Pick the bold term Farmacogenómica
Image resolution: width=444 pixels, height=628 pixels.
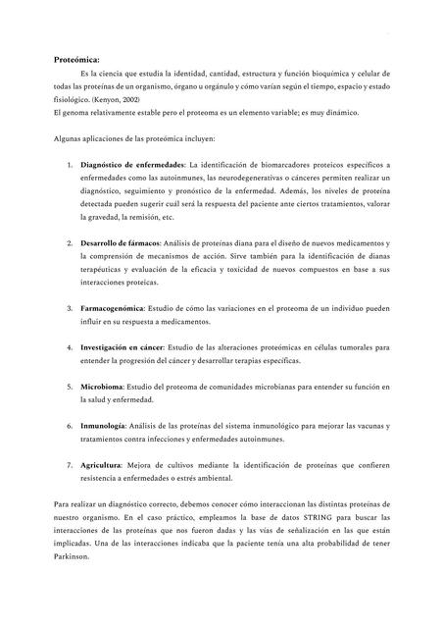pyautogui.click(x=112, y=308)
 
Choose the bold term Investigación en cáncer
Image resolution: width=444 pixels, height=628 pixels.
pyautogui.click(x=122, y=347)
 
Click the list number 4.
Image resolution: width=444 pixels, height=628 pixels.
pyautogui.click(x=68, y=347)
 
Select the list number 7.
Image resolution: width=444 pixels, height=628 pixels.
pyautogui.click(x=68, y=464)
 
